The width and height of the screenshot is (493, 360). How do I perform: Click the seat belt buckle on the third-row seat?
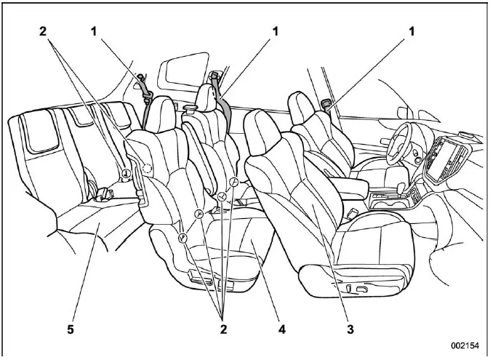click(106, 195)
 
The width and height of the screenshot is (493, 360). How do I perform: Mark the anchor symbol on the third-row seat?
click(125, 174)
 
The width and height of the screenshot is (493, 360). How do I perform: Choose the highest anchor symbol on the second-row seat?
click(234, 180)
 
